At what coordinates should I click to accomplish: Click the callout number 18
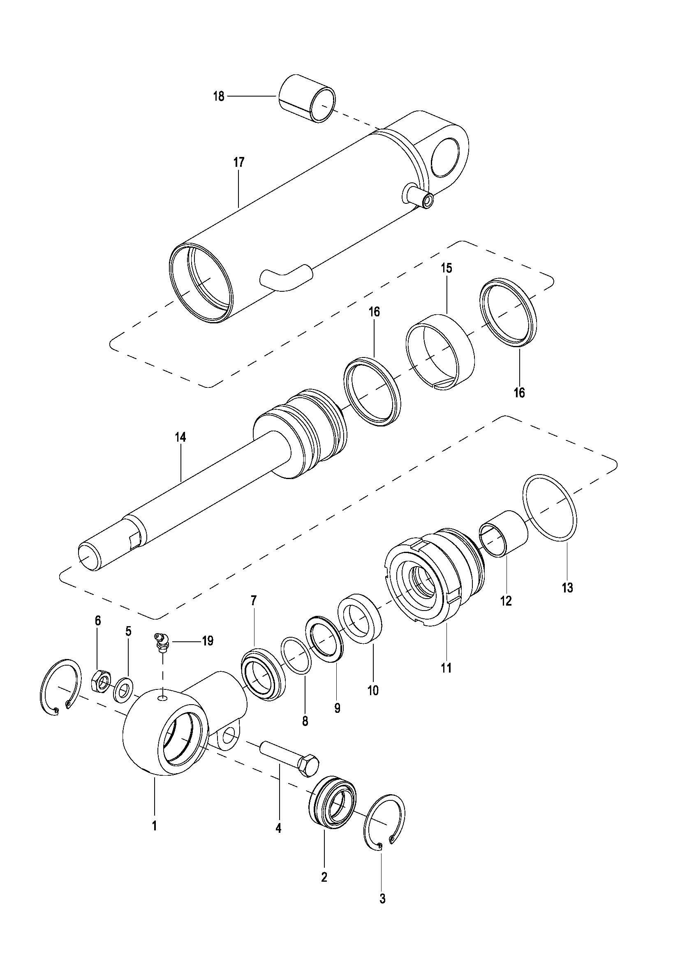pyautogui.click(x=218, y=97)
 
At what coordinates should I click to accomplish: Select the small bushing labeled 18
pyautogui.click(x=307, y=98)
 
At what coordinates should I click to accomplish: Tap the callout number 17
pyautogui.click(x=239, y=162)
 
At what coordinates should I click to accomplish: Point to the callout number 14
pyautogui.click(x=180, y=438)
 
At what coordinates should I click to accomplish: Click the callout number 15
pyautogui.click(x=446, y=268)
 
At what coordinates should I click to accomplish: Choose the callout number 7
pyautogui.click(x=253, y=601)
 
